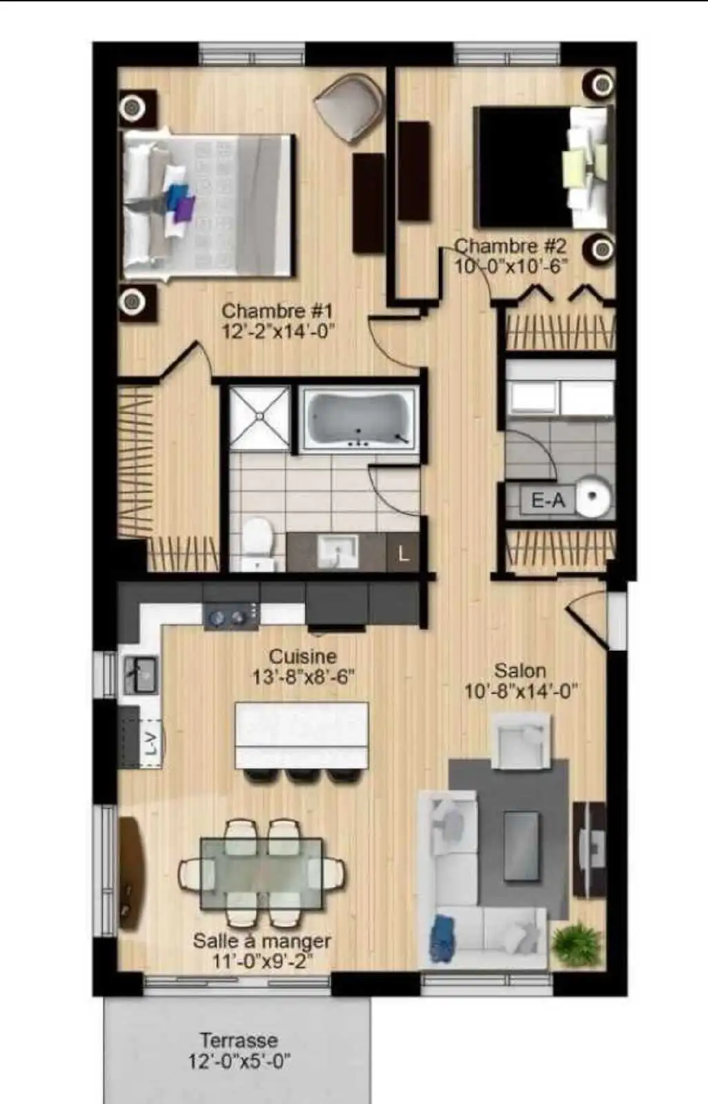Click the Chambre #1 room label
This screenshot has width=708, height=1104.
coord(277,311)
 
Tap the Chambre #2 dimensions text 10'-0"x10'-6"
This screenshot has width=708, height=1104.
coord(511,266)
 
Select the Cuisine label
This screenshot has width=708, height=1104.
coord(303,656)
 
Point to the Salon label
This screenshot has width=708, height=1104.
coord(520,671)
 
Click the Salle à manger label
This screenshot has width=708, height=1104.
coord(262,941)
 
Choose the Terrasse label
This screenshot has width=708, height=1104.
coord(239,1041)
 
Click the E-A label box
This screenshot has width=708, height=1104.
coord(548,501)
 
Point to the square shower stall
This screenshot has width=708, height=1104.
coord(259,417)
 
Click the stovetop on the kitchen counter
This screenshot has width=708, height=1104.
coord(230,616)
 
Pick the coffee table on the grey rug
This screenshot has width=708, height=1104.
coord(520,845)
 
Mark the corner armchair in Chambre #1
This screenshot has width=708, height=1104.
coord(350,107)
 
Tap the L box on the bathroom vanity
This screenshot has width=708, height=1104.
coord(403,553)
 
